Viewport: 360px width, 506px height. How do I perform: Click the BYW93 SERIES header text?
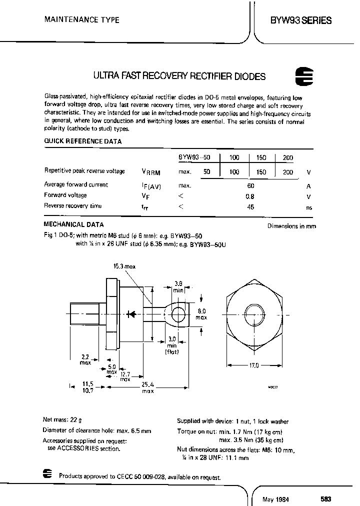coord(300,20)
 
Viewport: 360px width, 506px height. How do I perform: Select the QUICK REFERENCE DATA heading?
coord(83,141)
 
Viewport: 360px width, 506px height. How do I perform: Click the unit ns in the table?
coord(309,207)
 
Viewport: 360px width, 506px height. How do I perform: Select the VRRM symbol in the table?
coord(150,172)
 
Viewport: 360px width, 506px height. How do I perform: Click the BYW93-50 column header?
coord(195,157)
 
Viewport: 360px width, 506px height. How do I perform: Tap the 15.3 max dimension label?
coord(125,267)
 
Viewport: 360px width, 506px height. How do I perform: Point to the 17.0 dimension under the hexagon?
coord(253,366)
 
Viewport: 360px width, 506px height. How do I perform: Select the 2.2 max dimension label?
coord(85,360)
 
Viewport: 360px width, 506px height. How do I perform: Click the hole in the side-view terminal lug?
coord(177,314)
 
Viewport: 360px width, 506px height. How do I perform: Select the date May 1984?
coord(276,499)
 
